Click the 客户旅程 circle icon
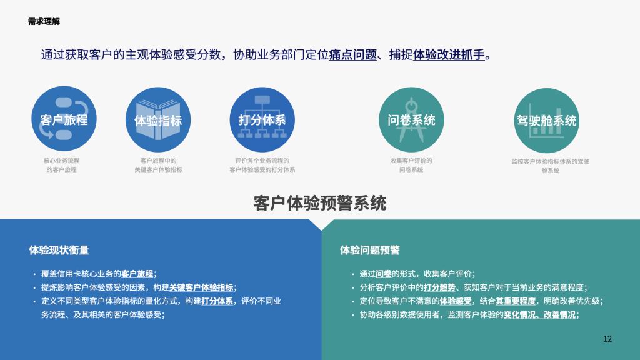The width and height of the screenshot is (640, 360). [x=64, y=119]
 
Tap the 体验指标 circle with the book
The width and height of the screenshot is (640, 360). [x=158, y=119]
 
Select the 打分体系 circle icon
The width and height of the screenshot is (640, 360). [x=262, y=119]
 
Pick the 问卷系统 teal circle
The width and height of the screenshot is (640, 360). [x=411, y=119]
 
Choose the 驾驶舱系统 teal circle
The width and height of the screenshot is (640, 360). [x=546, y=121]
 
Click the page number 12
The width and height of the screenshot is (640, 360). [x=607, y=339]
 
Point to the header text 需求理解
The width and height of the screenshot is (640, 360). [x=44, y=22]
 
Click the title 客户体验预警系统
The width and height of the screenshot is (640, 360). [x=320, y=203]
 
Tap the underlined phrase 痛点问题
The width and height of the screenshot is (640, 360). [x=353, y=55]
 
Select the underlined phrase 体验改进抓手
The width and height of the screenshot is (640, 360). [x=449, y=55]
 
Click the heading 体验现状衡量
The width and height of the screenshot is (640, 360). [x=59, y=250]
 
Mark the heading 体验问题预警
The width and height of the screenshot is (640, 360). [x=370, y=250]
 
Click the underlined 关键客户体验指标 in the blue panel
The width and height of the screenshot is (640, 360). [x=201, y=287]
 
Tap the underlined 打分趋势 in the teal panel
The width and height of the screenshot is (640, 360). [x=439, y=287]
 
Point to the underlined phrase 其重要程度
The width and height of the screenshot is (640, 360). [x=516, y=301]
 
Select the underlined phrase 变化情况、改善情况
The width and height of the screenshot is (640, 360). [x=539, y=315]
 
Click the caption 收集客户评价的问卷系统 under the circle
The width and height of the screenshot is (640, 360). [x=411, y=165]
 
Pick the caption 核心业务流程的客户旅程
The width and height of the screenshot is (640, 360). [x=62, y=165]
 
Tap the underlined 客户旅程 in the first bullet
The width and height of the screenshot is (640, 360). [x=137, y=274]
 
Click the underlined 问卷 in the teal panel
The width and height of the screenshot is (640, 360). [x=384, y=274]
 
